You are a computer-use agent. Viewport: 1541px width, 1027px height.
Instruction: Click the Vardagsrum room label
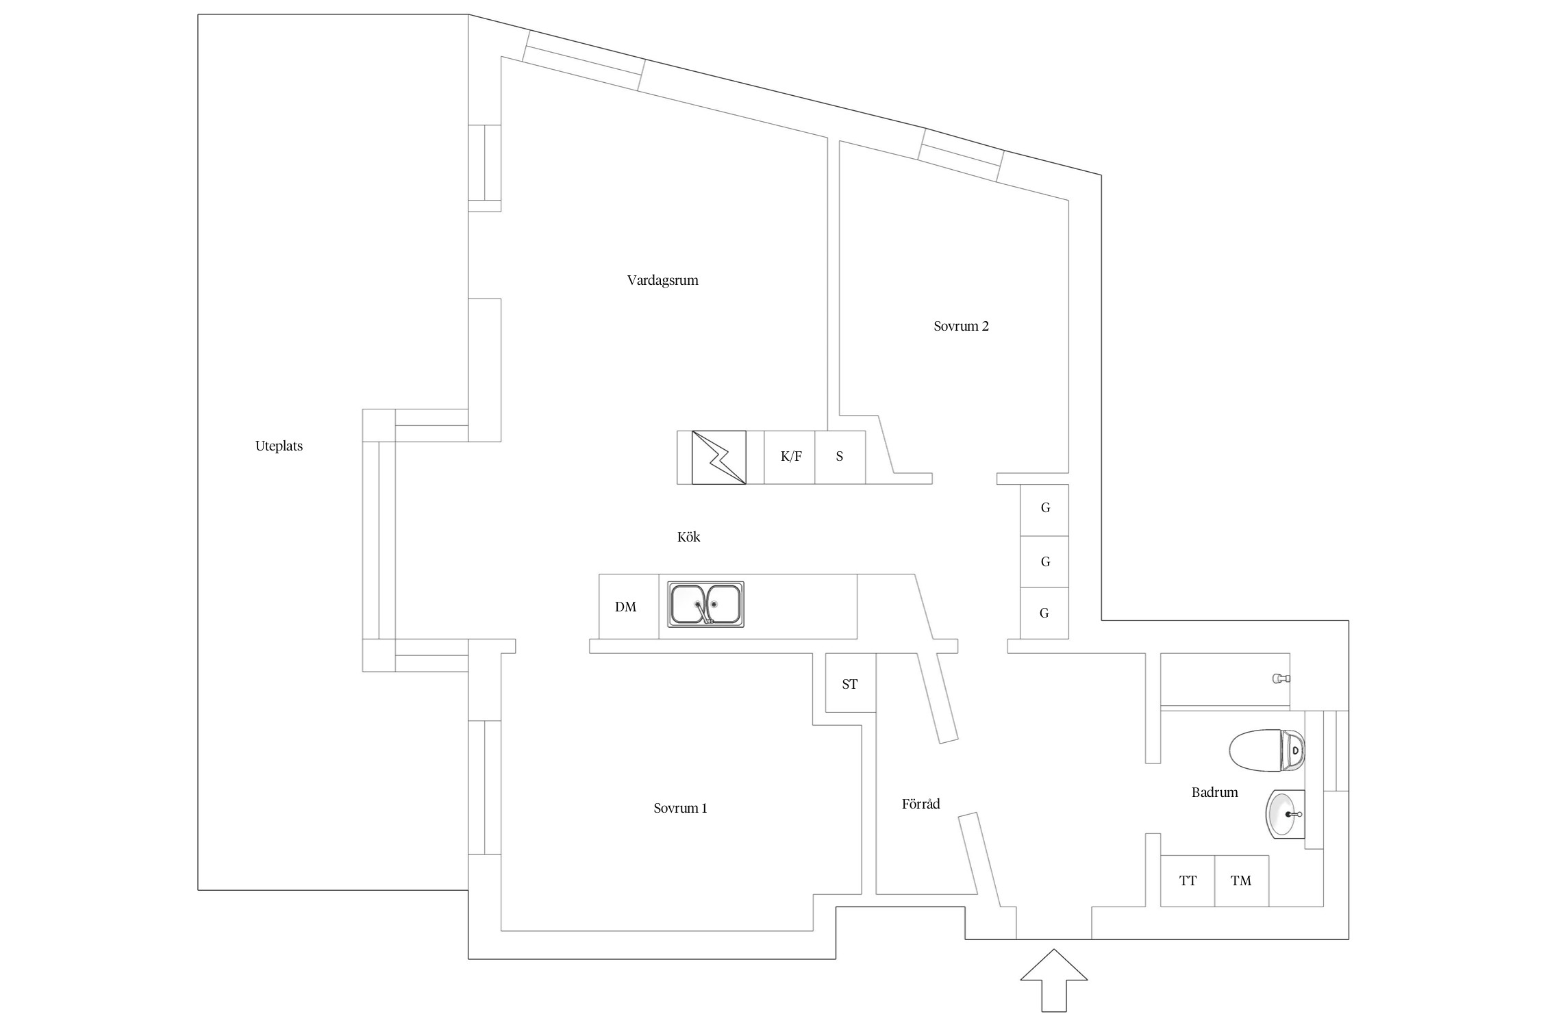662,280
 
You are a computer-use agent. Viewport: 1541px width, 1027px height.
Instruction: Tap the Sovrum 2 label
961,326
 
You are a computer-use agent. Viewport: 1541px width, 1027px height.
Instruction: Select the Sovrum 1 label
680,808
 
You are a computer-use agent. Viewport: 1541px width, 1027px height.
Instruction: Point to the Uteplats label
279,446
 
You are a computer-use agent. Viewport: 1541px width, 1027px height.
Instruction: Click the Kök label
688,537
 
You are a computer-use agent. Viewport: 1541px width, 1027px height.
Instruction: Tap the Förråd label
920,804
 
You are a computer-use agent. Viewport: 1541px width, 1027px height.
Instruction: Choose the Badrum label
1214,792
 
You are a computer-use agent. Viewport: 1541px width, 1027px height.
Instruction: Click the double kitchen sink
705,604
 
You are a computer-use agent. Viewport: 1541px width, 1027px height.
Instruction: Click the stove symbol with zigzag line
718,457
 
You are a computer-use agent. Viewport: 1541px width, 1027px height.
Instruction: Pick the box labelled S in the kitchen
840,457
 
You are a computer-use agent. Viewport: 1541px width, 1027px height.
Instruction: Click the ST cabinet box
850,683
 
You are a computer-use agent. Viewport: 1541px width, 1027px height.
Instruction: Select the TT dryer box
1188,880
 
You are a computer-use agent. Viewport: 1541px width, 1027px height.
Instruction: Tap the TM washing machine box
1241,880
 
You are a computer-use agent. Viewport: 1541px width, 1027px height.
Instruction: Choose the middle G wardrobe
1044,561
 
